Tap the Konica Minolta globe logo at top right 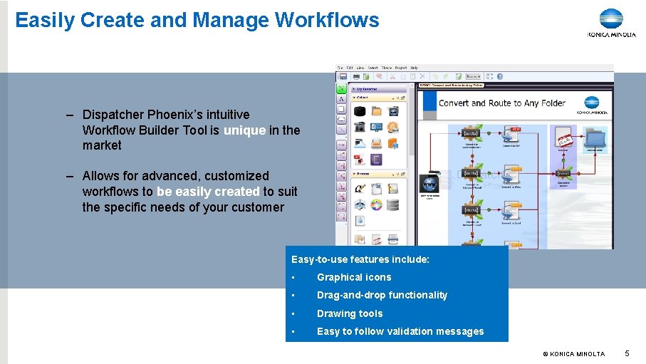[x=610, y=19]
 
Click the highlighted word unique [x=244, y=130]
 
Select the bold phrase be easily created [x=208, y=192]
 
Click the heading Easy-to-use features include [x=360, y=260]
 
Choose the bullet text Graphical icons [x=354, y=277]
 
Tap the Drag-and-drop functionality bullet [x=382, y=295]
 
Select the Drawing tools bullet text [x=350, y=313]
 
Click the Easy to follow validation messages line [x=400, y=331]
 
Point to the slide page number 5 [x=627, y=353]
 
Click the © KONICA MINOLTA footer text [x=573, y=354]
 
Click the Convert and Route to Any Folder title [x=501, y=103]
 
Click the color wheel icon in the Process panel [x=375, y=205]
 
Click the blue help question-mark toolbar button [x=499, y=76]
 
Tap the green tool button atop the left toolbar [x=342, y=89]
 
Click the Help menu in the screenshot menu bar [x=414, y=68]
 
